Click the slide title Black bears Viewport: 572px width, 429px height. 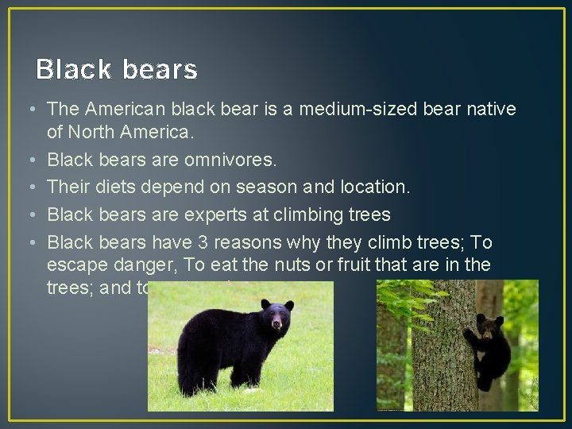[117, 71]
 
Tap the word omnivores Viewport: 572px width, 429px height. [231, 160]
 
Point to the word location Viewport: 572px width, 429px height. [375, 187]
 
